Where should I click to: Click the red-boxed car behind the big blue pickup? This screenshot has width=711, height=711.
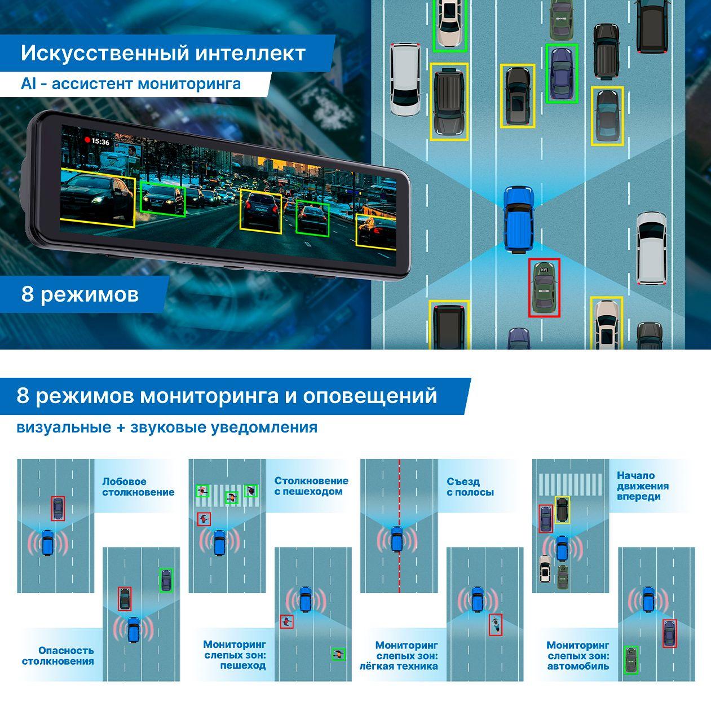[544, 287]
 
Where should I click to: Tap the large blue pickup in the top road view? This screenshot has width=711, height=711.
[518, 219]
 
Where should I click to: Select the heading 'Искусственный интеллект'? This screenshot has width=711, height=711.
[163, 54]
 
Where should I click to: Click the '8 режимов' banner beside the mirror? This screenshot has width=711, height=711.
[80, 294]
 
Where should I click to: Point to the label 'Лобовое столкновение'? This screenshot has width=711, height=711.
[138, 487]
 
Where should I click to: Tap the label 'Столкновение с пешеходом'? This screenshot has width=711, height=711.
[311, 486]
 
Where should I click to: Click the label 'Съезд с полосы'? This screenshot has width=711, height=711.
[470, 487]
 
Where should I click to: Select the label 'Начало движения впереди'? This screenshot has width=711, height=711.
[642, 486]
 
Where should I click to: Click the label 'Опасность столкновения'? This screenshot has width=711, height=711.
[58, 656]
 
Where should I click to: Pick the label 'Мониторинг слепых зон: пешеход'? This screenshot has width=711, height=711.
[235, 655]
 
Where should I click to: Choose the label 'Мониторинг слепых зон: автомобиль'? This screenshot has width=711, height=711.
[578, 655]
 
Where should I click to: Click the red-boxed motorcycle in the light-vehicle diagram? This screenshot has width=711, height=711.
[494, 624]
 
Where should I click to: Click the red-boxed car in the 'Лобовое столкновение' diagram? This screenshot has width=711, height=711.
[58, 509]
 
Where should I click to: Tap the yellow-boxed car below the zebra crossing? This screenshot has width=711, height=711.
[562, 510]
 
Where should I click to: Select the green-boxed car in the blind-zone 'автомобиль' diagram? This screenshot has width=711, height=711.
[631, 659]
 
